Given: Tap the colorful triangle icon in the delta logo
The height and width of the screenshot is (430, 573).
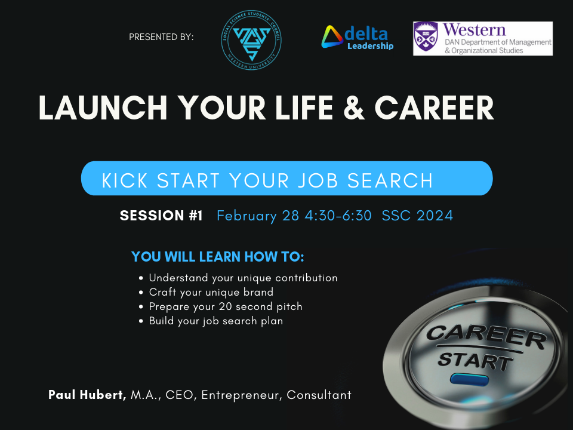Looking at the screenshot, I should (332, 37).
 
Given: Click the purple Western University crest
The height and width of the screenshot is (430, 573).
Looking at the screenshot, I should (426, 39).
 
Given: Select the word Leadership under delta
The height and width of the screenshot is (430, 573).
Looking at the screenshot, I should (370, 46).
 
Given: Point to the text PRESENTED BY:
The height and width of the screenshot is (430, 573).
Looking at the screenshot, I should (161, 37).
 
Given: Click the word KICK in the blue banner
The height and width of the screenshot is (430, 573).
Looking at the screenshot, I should (122, 180).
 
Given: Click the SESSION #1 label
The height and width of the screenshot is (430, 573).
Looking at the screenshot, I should (161, 216).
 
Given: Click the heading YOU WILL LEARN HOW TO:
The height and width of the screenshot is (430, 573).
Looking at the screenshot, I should (218, 257).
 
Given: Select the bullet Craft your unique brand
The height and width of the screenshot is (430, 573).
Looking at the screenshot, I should (211, 292).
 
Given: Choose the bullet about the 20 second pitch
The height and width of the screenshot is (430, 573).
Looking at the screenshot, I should (225, 306).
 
